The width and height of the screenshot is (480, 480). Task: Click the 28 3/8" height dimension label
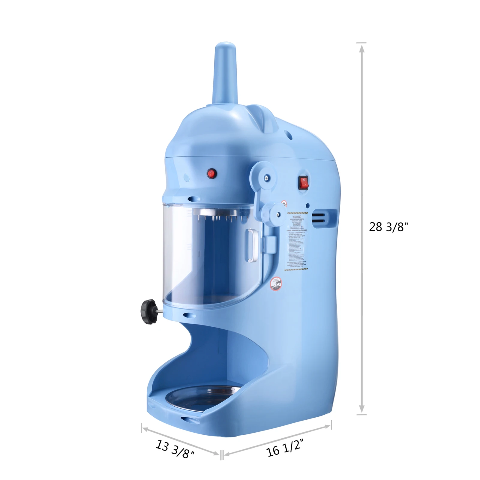coord(388,227)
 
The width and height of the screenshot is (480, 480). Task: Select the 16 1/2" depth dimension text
coord(285,447)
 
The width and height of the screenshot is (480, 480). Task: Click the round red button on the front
coord(211,173)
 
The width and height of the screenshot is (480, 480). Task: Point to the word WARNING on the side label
coord(296,217)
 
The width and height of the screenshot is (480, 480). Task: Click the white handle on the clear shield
coord(251,245)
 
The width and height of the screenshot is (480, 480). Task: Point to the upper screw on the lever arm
coord(266,178)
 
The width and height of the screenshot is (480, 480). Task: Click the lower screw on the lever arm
coord(278,214)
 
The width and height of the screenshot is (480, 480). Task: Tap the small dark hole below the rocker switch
coord(307,206)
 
